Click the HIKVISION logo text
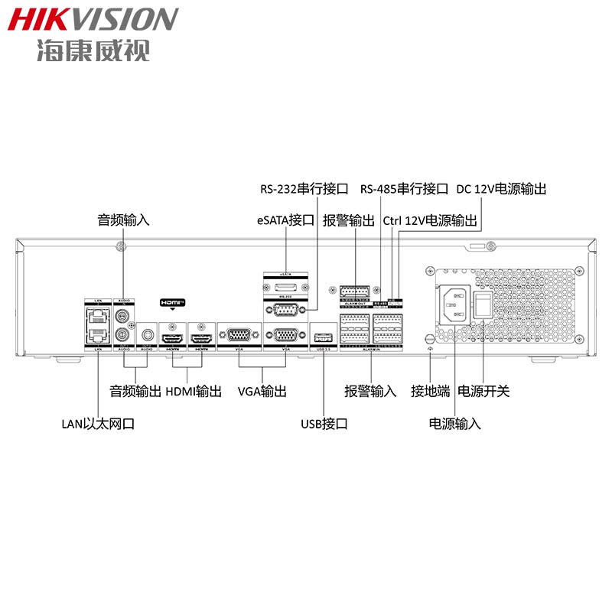93,19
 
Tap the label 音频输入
123,220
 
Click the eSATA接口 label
286,220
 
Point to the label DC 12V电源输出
501,188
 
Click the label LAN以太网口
99,423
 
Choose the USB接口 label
324,423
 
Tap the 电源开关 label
483,391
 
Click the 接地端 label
430,391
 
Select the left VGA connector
239,335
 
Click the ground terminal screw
430,337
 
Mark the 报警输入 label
371,391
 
